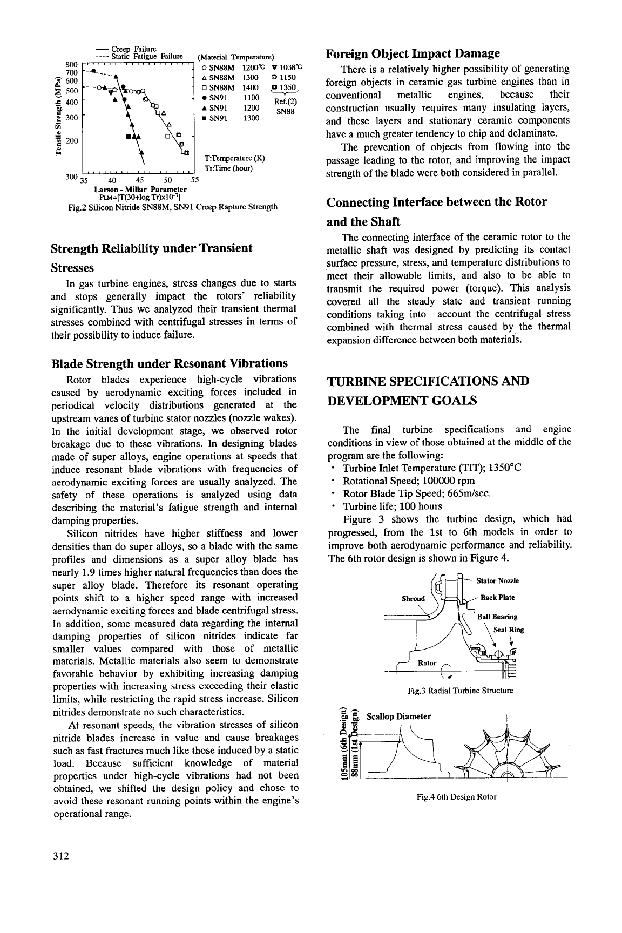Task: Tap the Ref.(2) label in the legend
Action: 283,102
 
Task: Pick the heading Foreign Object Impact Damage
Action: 414,53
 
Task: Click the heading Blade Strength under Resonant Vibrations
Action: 169,363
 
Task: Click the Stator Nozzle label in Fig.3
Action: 497,580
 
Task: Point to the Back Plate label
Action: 497,598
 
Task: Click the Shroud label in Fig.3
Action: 414,598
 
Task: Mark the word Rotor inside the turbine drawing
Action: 428,663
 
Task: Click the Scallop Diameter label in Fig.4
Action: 398,716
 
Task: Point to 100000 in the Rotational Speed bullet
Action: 431,481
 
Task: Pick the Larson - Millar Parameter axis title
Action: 140,189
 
